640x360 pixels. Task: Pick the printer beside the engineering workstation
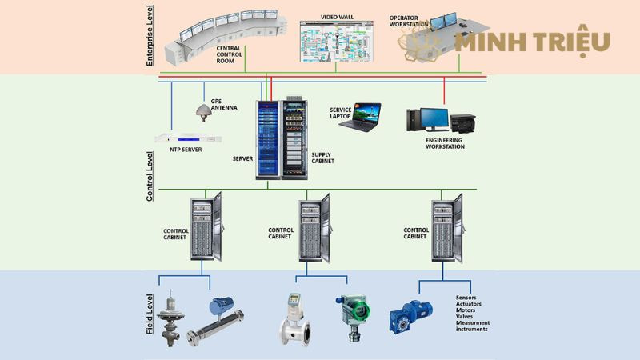tap(463, 123)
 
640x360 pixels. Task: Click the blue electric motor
tap(414, 315)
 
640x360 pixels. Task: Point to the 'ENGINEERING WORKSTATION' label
tap(445, 143)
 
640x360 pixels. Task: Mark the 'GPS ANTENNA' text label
tap(223, 104)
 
